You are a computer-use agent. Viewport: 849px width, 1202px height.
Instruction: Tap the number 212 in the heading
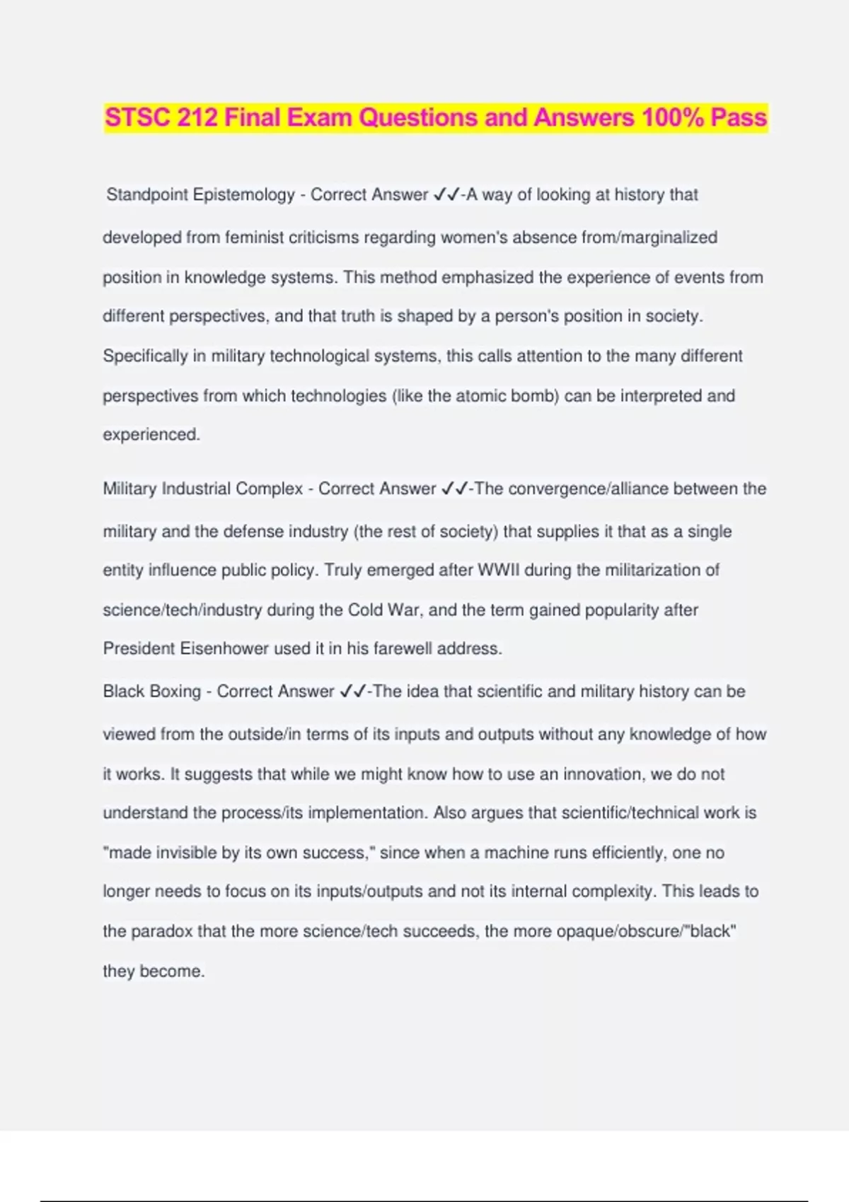click(197, 117)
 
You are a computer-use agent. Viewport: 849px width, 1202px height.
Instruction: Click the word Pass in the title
click(739, 117)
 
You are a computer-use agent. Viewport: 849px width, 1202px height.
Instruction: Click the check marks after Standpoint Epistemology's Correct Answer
click(447, 195)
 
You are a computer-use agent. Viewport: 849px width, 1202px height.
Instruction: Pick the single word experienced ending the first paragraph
click(151, 435)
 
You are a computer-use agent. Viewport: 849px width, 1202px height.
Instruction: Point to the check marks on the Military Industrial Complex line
click(455, 489)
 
